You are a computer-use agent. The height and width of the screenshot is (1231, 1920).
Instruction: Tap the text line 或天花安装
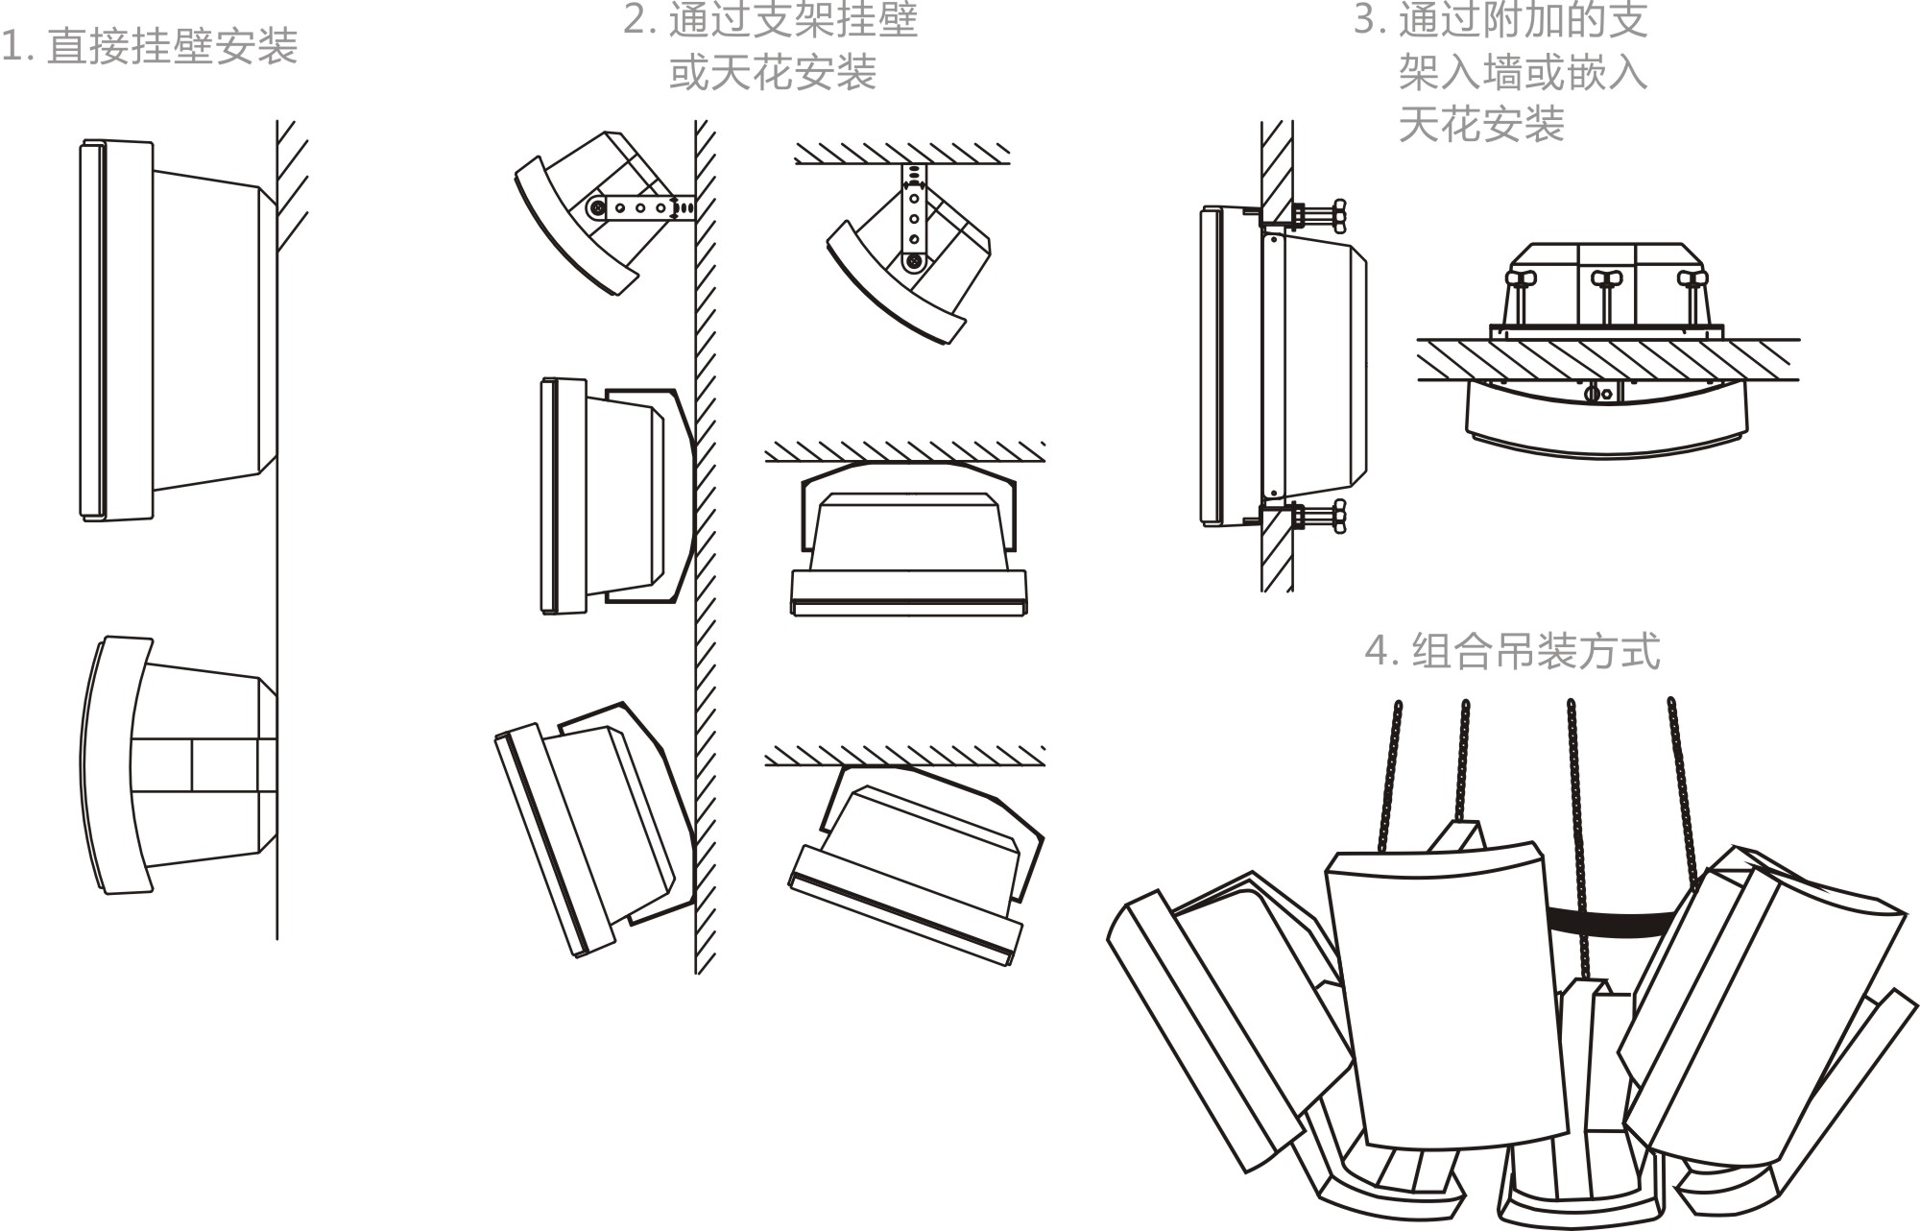coord(773,72)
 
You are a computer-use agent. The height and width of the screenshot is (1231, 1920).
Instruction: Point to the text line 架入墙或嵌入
coord(1523,72)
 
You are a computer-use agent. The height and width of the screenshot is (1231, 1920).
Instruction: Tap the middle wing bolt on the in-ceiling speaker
coord(1605,280)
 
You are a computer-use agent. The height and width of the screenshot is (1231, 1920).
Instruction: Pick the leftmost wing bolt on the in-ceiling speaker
coord(1522,280)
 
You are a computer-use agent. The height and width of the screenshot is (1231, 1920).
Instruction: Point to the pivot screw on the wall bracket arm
coord(596,206)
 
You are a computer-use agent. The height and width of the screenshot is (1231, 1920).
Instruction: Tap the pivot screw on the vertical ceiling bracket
coord(914,260)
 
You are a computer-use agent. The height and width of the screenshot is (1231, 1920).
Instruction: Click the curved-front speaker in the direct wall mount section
coord(178,765)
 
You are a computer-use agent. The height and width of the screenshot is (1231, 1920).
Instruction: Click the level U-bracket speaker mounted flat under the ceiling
coord(907,538)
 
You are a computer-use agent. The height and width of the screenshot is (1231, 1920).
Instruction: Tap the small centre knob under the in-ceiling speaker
coord(1596,393)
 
